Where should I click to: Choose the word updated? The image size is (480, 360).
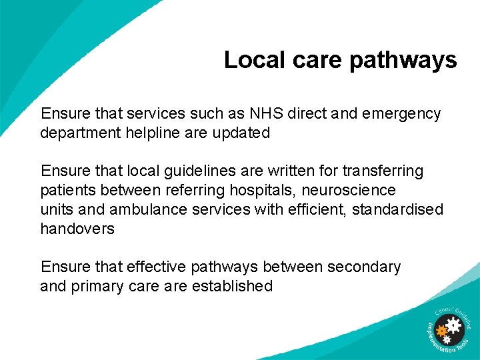point(241,133)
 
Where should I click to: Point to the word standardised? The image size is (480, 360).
point(397,209)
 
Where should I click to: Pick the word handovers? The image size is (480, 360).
point(77,229)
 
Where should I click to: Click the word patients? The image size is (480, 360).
point(67,191)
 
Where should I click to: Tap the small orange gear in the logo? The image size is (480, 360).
point(441,329)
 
